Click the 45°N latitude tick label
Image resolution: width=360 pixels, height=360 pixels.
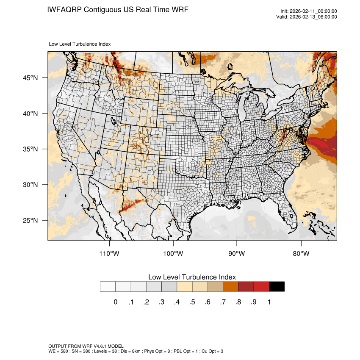point(30,78)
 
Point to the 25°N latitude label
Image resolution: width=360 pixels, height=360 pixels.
point(30,220)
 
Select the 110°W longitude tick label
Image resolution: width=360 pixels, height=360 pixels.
point(109,254)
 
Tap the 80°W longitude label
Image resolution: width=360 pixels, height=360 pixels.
point(301,254)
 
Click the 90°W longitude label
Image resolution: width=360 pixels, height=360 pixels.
point(237,254)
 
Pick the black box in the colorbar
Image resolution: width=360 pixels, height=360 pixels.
point(277,287)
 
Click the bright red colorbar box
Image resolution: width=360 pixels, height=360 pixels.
point(261,287)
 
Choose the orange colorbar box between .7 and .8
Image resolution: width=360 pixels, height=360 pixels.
point(231,287)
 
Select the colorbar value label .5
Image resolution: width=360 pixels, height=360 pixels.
point(192,302)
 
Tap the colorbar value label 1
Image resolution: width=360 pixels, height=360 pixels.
point(269,302)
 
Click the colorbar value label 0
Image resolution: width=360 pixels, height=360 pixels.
point(115,302)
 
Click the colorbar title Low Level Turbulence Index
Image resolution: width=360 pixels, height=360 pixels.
point(192,277)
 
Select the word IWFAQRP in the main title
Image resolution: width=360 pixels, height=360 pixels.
point(65,9)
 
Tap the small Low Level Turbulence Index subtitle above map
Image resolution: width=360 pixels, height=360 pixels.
point(80,44)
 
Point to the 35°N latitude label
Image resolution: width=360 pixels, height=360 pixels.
point(30,149)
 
